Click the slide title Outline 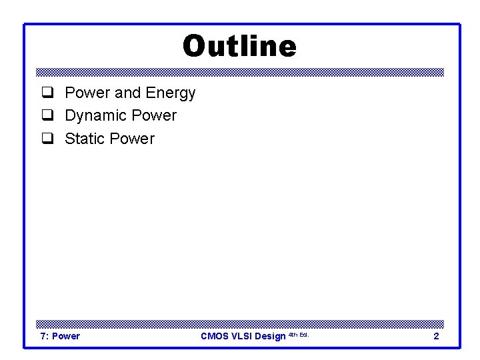click(239, 47)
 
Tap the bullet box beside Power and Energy click(47, 93)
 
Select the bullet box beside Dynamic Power click(47, 116)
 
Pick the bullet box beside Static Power click(47, 139)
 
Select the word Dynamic click(96, 116)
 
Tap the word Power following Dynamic click(154, 115)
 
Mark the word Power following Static click(132, 139)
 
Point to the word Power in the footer click(66, 336)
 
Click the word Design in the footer click(270, 336)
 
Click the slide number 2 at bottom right click(436, 336)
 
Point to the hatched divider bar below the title click(239, 72)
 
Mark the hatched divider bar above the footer click(239, 323)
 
